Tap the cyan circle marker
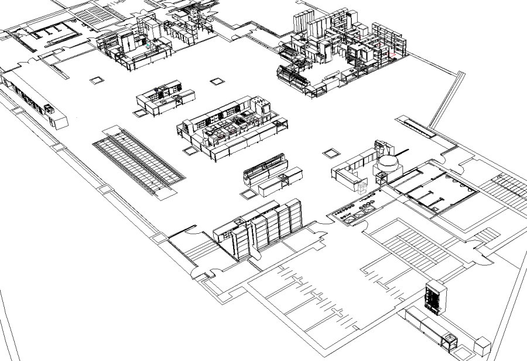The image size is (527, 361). (149, 45)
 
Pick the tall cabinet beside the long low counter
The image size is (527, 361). (434, 297)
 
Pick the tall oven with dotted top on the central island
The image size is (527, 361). (262, 108)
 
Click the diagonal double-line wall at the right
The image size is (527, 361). (445, 100)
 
